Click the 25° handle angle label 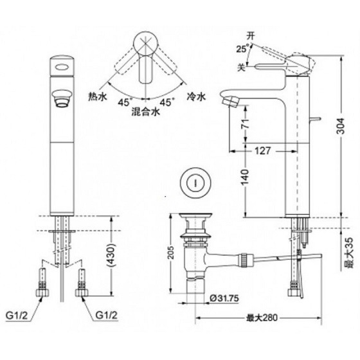click(240, 49)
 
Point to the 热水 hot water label click(98, 96)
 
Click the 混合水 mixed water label click(147, 111)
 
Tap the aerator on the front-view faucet click(62, 96)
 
